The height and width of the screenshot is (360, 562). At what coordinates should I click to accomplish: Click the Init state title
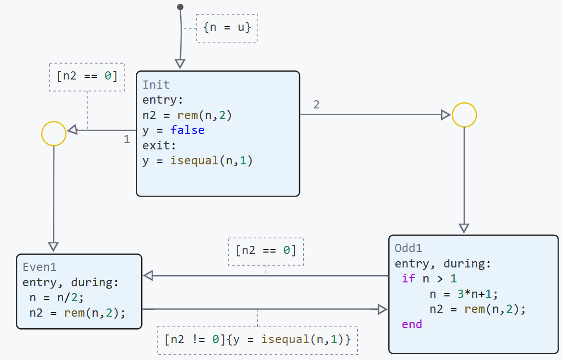(156, 85)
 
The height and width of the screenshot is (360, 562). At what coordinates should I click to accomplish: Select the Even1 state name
(39, 267)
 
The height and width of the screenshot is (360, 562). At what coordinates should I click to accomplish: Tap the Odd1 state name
(408, 248)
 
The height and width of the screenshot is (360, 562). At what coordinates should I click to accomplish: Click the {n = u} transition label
(227, 27)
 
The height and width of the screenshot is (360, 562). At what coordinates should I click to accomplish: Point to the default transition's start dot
(180, 7)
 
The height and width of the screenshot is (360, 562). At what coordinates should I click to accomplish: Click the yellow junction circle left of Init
(54, 133)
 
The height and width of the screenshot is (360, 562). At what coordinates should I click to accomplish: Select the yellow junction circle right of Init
(464, 115)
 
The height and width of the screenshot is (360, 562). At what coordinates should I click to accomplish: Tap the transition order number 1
(127, 140)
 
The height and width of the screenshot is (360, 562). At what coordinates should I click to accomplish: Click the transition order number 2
(316, 105)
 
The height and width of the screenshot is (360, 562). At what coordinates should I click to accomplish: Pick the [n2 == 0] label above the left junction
(87, 77)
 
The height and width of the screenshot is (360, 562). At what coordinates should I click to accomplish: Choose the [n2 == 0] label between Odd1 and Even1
(266, 251)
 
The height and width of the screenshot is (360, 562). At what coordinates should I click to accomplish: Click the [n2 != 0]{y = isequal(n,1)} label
(258, 339)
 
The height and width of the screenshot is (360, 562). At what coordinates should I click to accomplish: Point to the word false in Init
(187, 130)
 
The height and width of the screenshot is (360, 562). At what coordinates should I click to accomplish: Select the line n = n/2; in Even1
(57, 297)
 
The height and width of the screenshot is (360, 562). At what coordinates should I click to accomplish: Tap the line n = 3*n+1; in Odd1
(463, 293)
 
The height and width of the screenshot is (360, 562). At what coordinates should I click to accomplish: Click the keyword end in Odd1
(412, 324)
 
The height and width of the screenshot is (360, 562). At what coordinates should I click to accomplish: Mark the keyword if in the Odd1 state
(408, 279)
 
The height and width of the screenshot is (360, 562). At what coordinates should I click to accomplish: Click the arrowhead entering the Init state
(180, 64)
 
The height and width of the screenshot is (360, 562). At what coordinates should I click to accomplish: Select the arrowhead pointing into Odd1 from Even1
(383, 309)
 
